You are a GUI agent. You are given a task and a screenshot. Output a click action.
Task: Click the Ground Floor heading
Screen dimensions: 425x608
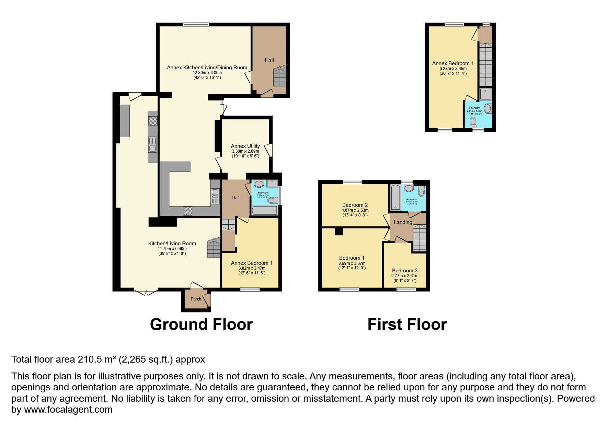[201, 324]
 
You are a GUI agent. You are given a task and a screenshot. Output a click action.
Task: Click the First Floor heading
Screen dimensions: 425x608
[407, 324]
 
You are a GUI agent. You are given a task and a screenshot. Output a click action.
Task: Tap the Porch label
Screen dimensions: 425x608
[196, 299]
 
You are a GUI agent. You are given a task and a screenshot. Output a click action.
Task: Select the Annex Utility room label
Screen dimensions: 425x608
[245, 146]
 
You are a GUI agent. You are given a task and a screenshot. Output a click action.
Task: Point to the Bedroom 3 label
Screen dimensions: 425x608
[405, 271]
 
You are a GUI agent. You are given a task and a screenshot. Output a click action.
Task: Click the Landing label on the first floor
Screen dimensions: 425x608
[403, 222]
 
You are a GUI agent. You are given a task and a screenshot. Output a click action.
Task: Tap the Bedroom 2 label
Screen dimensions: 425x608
[355, 205]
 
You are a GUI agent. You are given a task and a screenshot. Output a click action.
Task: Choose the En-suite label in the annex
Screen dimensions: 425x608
[474, 108]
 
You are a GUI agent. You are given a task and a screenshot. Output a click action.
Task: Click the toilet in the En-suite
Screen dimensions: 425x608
[473, 121]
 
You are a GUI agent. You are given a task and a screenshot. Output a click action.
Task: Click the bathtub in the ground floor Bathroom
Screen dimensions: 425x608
[264, 210]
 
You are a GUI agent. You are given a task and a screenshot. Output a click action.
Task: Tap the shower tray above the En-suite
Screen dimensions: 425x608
[485, 94]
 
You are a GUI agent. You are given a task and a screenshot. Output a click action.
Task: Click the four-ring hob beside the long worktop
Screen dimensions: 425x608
[152, 121]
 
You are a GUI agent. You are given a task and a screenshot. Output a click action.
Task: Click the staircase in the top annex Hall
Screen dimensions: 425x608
[280, 78]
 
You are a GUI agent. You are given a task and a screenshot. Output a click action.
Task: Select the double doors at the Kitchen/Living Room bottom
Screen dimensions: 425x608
[146, 292]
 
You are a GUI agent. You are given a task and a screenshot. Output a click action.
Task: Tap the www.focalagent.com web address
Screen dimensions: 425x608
[68, 410]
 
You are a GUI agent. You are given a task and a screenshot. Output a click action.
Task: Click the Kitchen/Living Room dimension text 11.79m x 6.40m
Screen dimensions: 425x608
[172, 249]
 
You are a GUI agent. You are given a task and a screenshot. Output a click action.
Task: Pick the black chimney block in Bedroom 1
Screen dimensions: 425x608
[339, 232]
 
